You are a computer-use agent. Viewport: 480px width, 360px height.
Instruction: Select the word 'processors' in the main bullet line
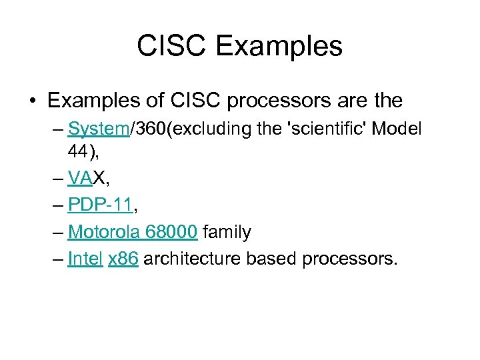[x=262, y=101]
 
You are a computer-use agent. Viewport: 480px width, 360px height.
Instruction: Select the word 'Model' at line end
[x=397, y=129]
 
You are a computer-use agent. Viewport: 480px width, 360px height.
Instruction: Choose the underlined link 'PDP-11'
[x=100, y=206]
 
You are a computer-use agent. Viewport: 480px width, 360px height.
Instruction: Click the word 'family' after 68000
[x=227, y=232]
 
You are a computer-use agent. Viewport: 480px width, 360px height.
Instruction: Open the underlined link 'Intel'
[x=85, y=258]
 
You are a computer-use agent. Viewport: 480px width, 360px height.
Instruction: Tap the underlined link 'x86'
[x=123, y=258]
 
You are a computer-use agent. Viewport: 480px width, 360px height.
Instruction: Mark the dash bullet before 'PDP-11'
[x=57, y=206]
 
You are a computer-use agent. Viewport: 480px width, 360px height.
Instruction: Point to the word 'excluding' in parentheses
[x=212, y=129]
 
